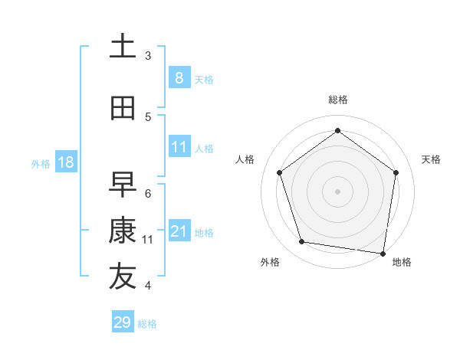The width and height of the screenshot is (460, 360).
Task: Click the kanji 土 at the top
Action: click(x=123, y=47)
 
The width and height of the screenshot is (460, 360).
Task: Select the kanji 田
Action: click(x=123, y=107)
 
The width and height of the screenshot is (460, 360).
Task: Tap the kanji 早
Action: click(x=123, y=183)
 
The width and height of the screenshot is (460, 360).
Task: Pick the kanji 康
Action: click(x=123, y=231)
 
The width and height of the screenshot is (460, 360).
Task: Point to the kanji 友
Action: click(x=123, y=277)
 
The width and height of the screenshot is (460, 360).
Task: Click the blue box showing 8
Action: click(x=179, y=77)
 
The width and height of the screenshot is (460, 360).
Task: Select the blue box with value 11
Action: click(x=179, y=147)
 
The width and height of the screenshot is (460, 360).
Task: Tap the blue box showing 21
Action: click(x=179, y=231)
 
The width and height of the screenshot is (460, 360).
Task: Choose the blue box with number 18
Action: click(x=65, y=162)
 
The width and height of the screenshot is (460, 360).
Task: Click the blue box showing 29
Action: click(x=123, y=322)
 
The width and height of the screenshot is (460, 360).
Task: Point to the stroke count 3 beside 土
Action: click(x=148, y=55)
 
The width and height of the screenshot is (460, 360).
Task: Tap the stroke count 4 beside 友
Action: click(x=148, y=286)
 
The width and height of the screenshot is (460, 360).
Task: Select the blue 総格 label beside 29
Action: click(x=147, y=324)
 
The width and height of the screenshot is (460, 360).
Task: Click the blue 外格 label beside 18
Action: click(x=41, y=163)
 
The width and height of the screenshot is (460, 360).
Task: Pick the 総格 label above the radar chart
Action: click(x=337, y=100)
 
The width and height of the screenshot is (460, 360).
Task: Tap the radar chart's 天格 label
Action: click(x=431, y=159)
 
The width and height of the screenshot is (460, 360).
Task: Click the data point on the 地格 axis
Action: click(x=383, y=253)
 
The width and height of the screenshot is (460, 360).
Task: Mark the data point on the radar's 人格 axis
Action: click(x=279, y=172)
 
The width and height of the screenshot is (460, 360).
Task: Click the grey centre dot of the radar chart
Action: click(x=337, y=191)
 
